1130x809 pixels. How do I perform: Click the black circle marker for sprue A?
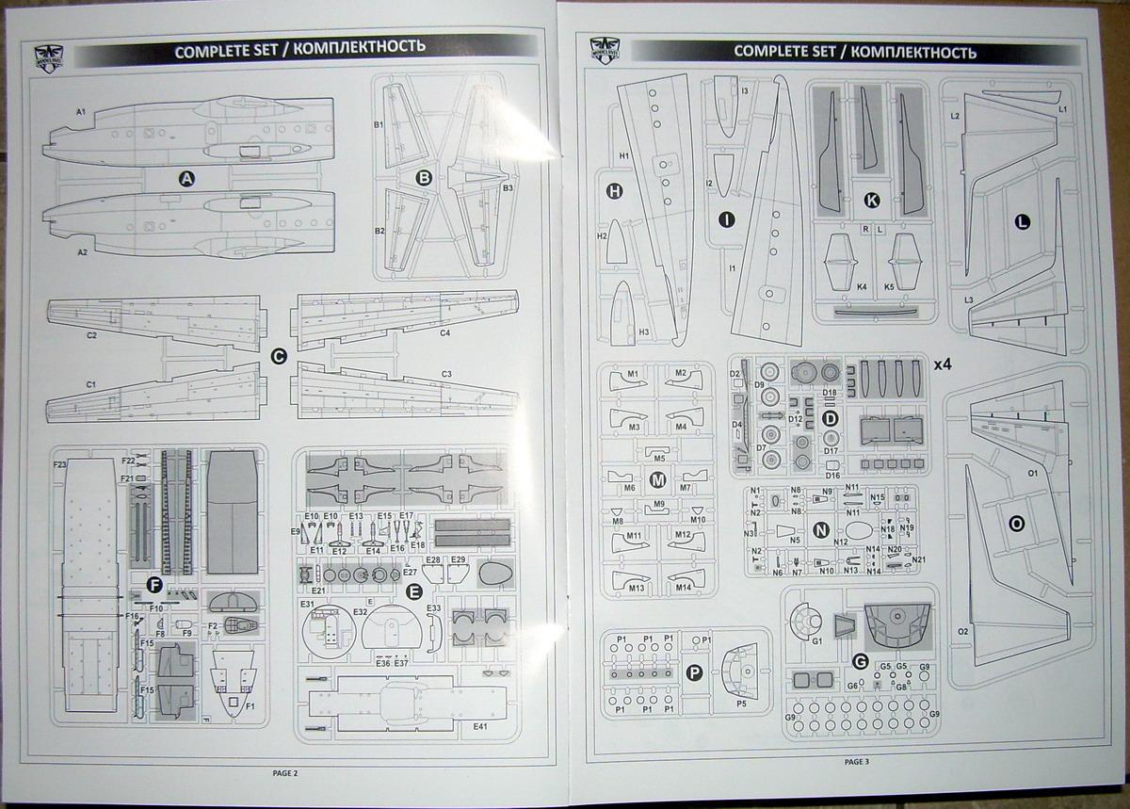click(186, 178)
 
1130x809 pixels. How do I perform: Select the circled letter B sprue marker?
click(424, 176)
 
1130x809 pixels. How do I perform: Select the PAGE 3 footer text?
click(857, 761)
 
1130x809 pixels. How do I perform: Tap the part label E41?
click(481, 727)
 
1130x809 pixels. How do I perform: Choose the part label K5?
click(890, 285)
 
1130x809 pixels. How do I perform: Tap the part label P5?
click(741, 703)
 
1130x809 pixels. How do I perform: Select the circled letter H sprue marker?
click(615, 191)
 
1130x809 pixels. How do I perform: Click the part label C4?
click(444, 332)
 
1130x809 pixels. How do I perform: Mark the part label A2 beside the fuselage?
click(82, 252)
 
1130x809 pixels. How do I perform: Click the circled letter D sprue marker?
click(831, 418)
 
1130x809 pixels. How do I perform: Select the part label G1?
click(816, 641)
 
